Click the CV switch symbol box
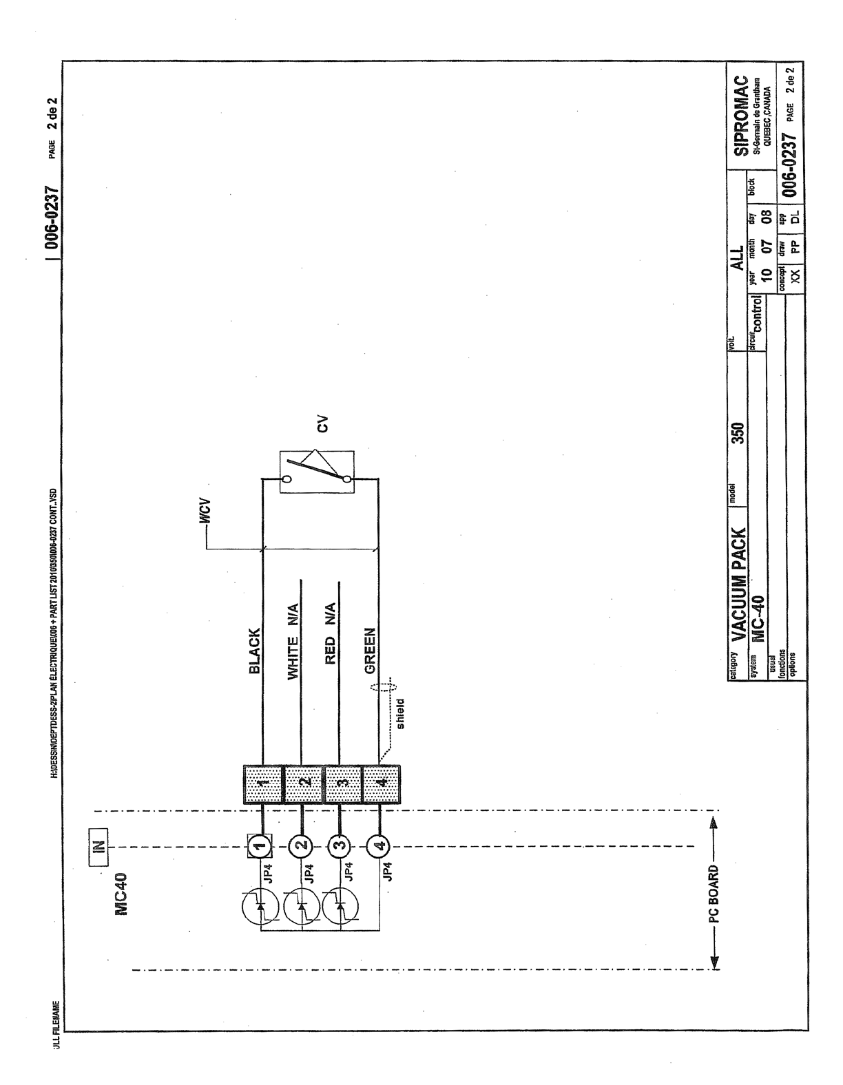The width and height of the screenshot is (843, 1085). coord(317,472)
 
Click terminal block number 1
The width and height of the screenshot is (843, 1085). coord(263,784)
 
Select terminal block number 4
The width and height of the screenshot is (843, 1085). coord(381,784)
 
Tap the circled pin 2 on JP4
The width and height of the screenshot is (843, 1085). coord(300,844)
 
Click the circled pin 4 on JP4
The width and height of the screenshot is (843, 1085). coord(377,844)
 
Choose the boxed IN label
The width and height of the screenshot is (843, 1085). coord(98,841)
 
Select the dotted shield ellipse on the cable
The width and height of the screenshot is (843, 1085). coord(383,689)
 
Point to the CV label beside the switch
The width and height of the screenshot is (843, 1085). coord(322,425)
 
